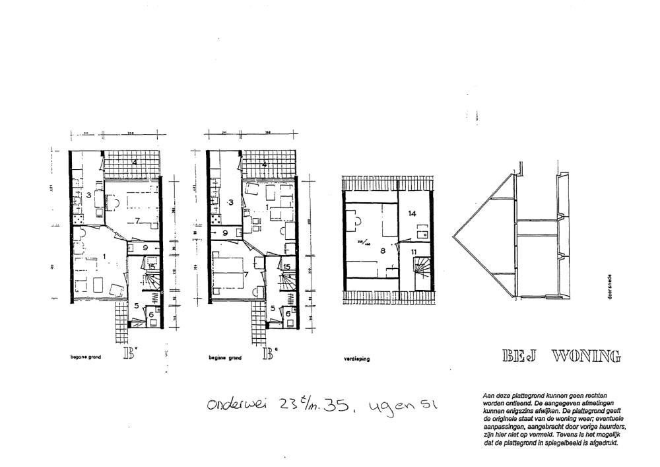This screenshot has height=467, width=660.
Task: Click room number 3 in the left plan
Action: pyautogui.click(x=88, y=195)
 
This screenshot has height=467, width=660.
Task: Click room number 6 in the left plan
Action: pyautogui.click(x=151, y=315)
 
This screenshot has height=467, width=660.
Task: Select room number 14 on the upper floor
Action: pyautogui.click(x=411, y=213)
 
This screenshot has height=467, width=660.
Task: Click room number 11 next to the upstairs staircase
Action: pyautogui.click(x=414, y=252)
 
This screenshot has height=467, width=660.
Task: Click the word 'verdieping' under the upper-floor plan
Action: pyautogui.click(x=357, y=359)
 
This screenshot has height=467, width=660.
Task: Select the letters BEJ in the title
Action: pyautogui.click(x=520, y=357)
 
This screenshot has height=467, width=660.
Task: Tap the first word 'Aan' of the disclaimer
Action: pyautogui.click(x=489, y=395)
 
